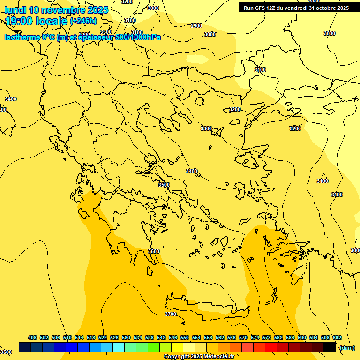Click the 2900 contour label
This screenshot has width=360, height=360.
coord(196,26)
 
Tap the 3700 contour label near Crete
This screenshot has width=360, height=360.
coord(171,314)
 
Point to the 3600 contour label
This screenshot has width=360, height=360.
coord(154,251)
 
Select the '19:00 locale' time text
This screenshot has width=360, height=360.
coord(37,21)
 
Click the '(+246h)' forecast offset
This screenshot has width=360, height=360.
coord(83,21)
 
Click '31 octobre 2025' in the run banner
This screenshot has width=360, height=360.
coord(329,8)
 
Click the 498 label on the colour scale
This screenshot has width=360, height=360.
coord(32,337)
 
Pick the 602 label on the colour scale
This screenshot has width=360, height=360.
coord(337,337)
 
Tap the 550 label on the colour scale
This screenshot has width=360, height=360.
coord(185,337)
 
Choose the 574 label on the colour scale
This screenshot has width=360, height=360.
coord(255,337)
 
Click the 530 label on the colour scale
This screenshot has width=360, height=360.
coord(126,337)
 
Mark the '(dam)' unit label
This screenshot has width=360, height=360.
coord(347,347)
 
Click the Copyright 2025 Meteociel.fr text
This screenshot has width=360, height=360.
coord(199,357)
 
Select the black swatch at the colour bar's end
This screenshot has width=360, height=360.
coord(330,347)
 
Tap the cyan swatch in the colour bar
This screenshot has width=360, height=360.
coord(119,347)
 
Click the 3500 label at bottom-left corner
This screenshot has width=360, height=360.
coord(6,352)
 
